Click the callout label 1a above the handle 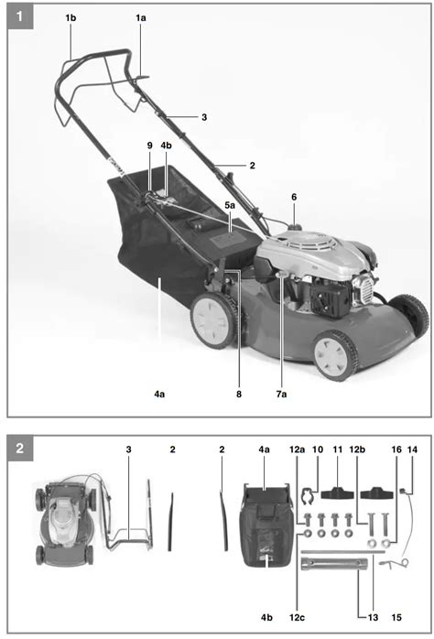pos(141,18)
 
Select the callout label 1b pos(71,18)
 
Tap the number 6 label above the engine pos(294,197)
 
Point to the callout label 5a pos(230,205)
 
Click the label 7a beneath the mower pos(281,394)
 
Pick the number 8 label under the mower pos(239,394)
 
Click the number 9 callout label pos(149,146)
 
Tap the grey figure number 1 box pos(20,16)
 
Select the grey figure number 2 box pos(20,449)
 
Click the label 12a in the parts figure pos(297,449)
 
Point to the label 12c pos(297,617)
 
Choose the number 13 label pos(373,617)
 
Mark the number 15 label pos(396,617)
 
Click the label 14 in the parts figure pos(412,449)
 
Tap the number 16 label pos(396,449)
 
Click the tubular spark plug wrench pos(334,564)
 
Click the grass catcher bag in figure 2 pos(266,525)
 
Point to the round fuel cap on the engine pos(294,227)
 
